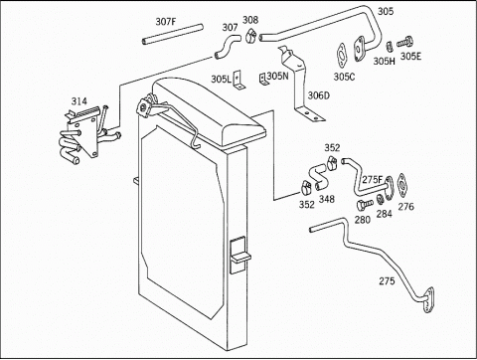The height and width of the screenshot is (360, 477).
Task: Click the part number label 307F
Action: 166,22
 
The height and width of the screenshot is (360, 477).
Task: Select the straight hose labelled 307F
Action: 172,34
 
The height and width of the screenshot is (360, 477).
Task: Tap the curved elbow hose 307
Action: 227,47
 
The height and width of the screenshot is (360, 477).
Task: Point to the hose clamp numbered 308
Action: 250,36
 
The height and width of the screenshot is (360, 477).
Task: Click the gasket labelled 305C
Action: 342,55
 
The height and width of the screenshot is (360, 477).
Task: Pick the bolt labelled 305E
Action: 404,43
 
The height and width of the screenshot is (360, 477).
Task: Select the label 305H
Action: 385,62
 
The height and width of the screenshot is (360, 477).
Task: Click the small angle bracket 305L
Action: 238,81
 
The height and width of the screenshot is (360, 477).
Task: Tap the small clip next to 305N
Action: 263,80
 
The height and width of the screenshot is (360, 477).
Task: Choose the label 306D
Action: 319,95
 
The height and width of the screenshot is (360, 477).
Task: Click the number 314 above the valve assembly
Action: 79,101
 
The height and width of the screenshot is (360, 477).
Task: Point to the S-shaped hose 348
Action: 318,177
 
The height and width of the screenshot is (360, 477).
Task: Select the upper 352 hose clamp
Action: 331,161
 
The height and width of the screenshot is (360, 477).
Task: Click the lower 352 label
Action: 306,205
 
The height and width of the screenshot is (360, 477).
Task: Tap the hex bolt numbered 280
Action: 364,204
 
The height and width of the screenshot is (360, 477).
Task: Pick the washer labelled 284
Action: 381,200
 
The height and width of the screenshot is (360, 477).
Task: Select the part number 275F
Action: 372,180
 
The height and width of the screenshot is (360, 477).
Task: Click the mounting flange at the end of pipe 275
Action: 429,300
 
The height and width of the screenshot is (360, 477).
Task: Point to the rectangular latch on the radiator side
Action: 239,256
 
